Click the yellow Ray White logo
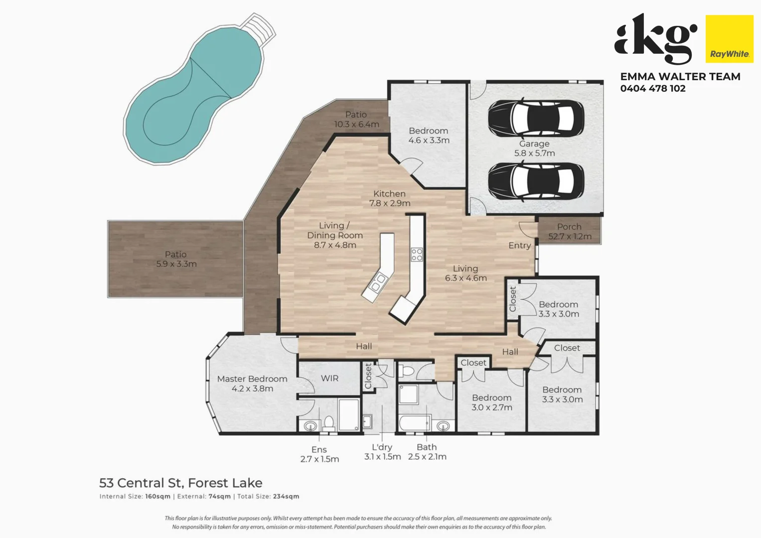tap(729, 39)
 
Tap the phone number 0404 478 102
tap(652, 89)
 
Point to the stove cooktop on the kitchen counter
tap(417, 255)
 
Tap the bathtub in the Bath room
tap(414, 423)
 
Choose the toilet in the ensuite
tap(328, 423)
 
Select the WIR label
tap(329, 379)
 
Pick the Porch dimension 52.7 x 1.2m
tap(570, 237)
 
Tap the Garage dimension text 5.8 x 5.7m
tap(534, 153)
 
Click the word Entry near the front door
tap(519, 246)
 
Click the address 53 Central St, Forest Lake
tap(180, 483)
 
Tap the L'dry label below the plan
tap(382, 447)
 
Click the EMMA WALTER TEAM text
tap(680, 77)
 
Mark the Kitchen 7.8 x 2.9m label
tap(390, 198)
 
